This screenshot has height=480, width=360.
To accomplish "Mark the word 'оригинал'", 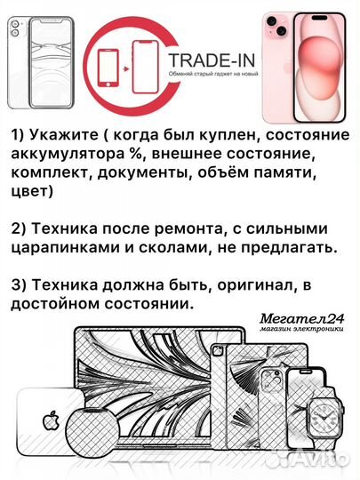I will (259, 285).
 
